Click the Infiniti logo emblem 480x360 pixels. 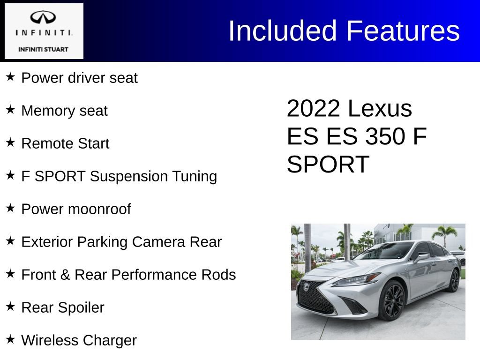tap(43, 17)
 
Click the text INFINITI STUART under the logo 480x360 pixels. tap(43, 49)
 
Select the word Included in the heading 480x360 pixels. tap(282, 31)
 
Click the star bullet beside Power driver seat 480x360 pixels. tap(10, 77)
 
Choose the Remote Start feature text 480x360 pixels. tap(65, 143)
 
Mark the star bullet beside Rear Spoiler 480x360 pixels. tap(10, 307)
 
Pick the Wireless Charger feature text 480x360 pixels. tap(79, 340)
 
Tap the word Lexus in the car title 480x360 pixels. tap(380, 109)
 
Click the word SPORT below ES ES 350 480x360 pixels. tap(328, 165)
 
